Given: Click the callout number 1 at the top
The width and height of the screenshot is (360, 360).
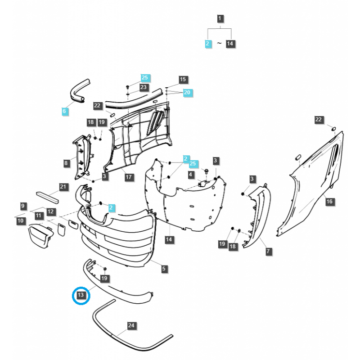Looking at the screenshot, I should [x=220, y=19].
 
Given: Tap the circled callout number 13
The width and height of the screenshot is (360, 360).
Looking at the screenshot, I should [x=81, y=296].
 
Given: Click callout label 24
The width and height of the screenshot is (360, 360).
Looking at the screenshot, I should [x=131, y=325].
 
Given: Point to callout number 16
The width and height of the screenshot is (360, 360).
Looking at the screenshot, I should [x=329, y=202].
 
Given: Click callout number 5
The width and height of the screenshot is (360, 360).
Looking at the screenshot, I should [x=164, y=269].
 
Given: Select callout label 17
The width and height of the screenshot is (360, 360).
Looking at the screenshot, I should [x=129, y=177].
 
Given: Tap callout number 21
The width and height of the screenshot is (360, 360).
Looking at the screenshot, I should [x=63, y=186].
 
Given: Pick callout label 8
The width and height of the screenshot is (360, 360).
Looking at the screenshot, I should [x=66, y=163].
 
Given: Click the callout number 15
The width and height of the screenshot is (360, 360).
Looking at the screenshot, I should [x=183, y=80].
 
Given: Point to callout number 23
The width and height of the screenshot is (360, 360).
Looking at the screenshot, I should [x=144, y=87].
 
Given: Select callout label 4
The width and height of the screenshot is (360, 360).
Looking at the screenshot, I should [x=191, y=174].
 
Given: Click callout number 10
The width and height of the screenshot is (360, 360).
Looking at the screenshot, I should [x=20, y=221].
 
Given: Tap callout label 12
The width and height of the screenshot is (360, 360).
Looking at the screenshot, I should [x=50, y=211].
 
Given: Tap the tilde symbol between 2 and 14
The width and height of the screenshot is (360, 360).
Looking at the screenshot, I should [x=219, y=43].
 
